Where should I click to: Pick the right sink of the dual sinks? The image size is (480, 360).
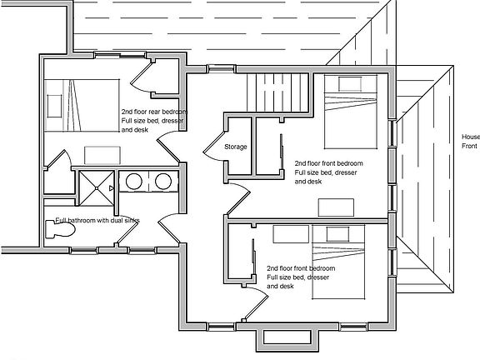pos(164,181)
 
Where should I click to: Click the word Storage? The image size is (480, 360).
pos(236,147)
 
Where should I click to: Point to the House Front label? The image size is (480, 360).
pos(470,142)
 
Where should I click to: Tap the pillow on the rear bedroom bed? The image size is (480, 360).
pos(53,104)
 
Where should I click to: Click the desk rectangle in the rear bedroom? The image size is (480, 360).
pos(102,154)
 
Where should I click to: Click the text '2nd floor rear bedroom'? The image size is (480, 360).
pos(153,112)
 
